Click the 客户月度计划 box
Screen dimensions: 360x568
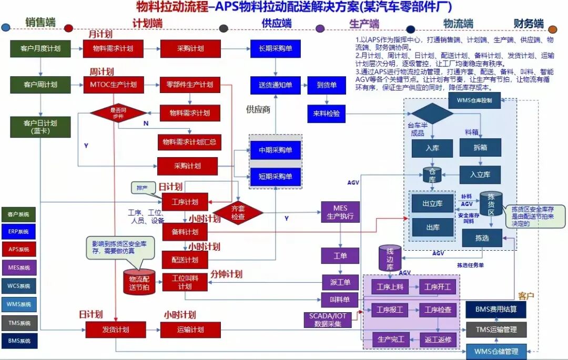tap(40, 48)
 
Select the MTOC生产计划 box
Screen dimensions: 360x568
tap(113, 85)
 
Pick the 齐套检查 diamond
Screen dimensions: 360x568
tap(238, 212)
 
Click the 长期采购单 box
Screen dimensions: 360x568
tap(276, 48)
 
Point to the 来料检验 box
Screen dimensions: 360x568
tap(326, 113)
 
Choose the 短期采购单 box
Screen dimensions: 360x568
tap(276, 177)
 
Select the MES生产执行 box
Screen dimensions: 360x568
tap(340, 212)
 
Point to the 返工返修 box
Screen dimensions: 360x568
tap(438, 340)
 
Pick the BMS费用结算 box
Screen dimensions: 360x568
tap(495, 310)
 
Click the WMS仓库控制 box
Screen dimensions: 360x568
tap(474, 100)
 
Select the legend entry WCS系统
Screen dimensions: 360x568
tap(19, 286)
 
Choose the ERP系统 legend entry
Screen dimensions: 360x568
tap(19, 231)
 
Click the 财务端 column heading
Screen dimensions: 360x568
tap(529, 24)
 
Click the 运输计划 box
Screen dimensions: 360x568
tap(183, 330)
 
